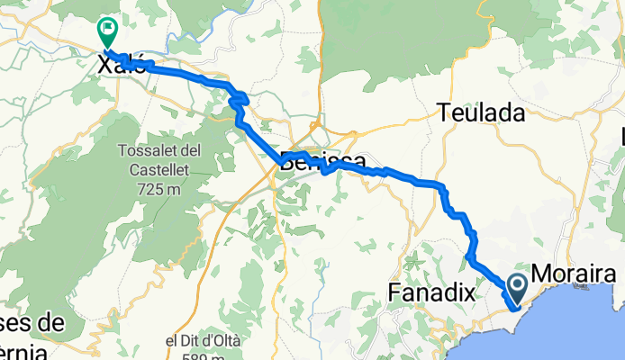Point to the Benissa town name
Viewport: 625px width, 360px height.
click(x=322, y=162)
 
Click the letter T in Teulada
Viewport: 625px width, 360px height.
click(x=444, y=112)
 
